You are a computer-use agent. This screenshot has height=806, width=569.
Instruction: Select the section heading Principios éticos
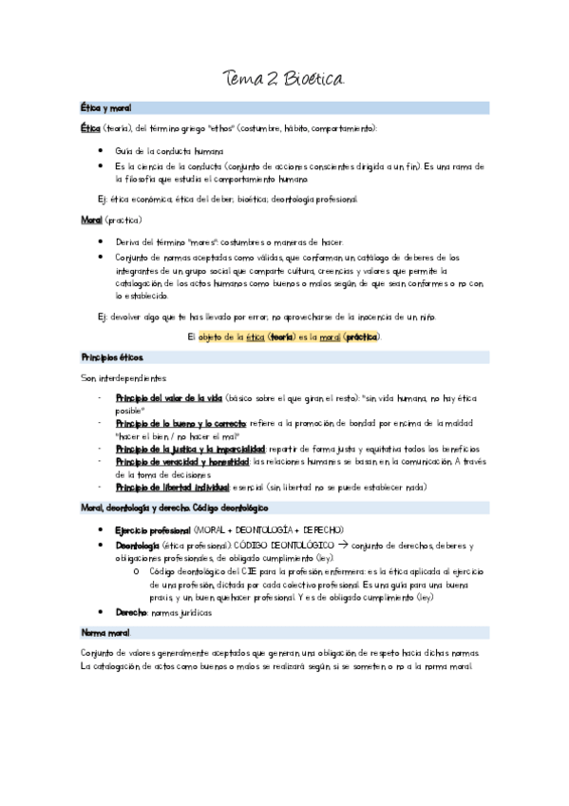click(x=113, y=357)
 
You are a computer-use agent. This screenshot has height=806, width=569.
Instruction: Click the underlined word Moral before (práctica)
click(x=92, y=221)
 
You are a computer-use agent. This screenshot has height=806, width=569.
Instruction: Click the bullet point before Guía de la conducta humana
click(x=103, y=151)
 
